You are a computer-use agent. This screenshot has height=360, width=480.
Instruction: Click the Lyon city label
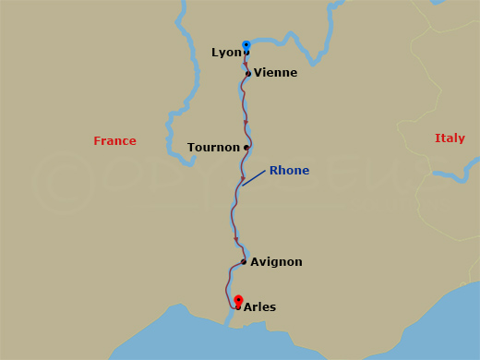(x=226, y=53)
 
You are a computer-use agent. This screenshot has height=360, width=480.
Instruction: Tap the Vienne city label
(x=275, y=73)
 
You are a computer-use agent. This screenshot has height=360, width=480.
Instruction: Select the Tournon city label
(x=214, y=148)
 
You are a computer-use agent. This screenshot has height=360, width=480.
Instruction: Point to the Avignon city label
(x=276, y=262)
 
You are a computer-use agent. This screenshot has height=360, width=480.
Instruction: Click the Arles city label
(x=259, y=307)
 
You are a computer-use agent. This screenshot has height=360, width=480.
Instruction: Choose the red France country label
(x=114, y=141)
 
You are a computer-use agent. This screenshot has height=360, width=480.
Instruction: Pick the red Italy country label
(x=450, y=138)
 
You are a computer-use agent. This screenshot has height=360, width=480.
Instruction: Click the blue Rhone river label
(x=289, y=171)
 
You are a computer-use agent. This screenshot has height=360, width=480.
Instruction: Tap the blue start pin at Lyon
(x=246, y=44)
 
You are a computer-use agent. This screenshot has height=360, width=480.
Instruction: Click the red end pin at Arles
(x=238, y=300)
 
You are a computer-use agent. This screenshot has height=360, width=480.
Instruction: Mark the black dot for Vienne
(x=248, y=74)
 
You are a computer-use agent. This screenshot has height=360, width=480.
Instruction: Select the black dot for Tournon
(x=246, y=148)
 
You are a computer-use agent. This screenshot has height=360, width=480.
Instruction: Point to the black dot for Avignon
(x=243, y=262)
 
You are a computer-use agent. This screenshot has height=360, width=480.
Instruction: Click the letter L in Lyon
(x=215, y=53)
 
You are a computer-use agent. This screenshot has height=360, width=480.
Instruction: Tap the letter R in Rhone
(x=273, y=171)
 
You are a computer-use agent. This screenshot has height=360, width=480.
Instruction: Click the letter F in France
(x=97, y=141)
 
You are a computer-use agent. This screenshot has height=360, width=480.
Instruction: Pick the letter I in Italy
(x=437, y=138)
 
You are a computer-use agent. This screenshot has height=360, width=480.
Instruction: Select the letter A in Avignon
(x=255, y=262)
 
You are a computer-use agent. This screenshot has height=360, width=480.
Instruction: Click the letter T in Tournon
(x=191, y=148)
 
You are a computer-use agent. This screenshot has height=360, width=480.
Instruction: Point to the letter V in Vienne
(x=258, y=73)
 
